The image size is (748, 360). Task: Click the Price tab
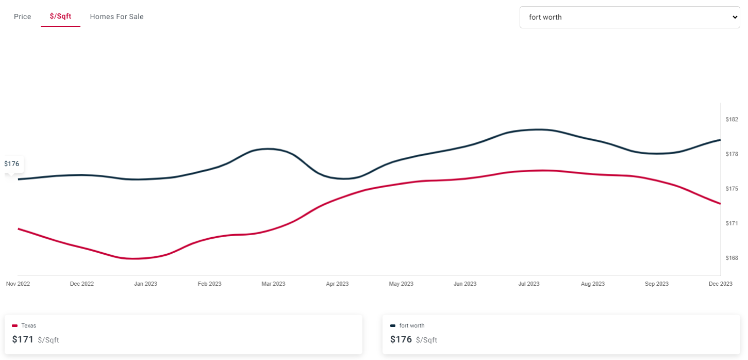tap(22, 17)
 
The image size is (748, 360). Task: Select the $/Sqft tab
tap(60, 17)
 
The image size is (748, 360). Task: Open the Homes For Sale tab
tap(117, 17)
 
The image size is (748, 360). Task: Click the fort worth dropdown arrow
tap(735, 17)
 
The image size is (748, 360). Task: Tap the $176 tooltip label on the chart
tap(12, 163)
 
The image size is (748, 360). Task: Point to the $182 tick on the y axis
tap(732, 120)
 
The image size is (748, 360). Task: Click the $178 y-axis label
tap(732, 154)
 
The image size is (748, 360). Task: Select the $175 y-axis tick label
tap(732, 189)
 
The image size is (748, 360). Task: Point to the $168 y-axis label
tap(732, 258)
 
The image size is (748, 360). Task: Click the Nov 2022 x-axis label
tap(18, 284)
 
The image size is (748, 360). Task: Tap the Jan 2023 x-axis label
tap(145, 284)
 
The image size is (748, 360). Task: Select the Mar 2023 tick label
tap(273, 284)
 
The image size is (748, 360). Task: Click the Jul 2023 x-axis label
tap(528, 284)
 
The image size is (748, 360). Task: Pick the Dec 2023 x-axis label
tap(720, 284)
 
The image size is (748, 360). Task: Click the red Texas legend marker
tap(15, 325)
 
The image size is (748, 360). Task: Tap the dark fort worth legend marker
tap(393, 325)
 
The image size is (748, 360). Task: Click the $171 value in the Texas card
tap(23, 340)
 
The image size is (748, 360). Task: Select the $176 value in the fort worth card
tap(401, 340)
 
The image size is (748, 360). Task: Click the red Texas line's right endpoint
tap(720, 203)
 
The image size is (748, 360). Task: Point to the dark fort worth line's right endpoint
tap(720, 140)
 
